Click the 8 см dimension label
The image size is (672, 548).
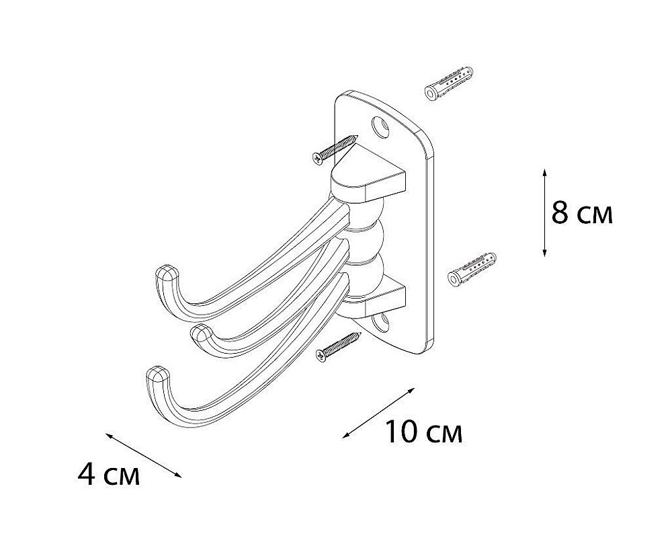pyautogui.click(x=582, y=212)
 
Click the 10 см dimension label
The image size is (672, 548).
pyautogui.click(x=424, y=432)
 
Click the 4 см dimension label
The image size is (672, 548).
pyautogui.click(x=109, y=474)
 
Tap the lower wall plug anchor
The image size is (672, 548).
pyautogui.click(x=472, y=270)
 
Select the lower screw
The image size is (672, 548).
pyautogui.click(x=338, y=347)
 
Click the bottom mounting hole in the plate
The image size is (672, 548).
pyautogui.click(x=380, y=323)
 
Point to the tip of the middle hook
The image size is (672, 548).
pyautogui.click(x=200, y=331)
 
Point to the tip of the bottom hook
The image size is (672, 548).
pyautogui.click(x=157, y=374)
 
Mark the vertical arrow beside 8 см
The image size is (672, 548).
pyautogui.click(x=544, y=212)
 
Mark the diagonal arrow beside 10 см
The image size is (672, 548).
pyautogui.click(x=378, y=413)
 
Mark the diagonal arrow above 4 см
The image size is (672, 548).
pyautogui.click(x=144, y=455)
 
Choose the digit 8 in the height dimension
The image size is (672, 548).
pyautogui.click(x=560, y=212)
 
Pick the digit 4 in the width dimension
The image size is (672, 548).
pyautogui.click(x=87, y=474)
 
